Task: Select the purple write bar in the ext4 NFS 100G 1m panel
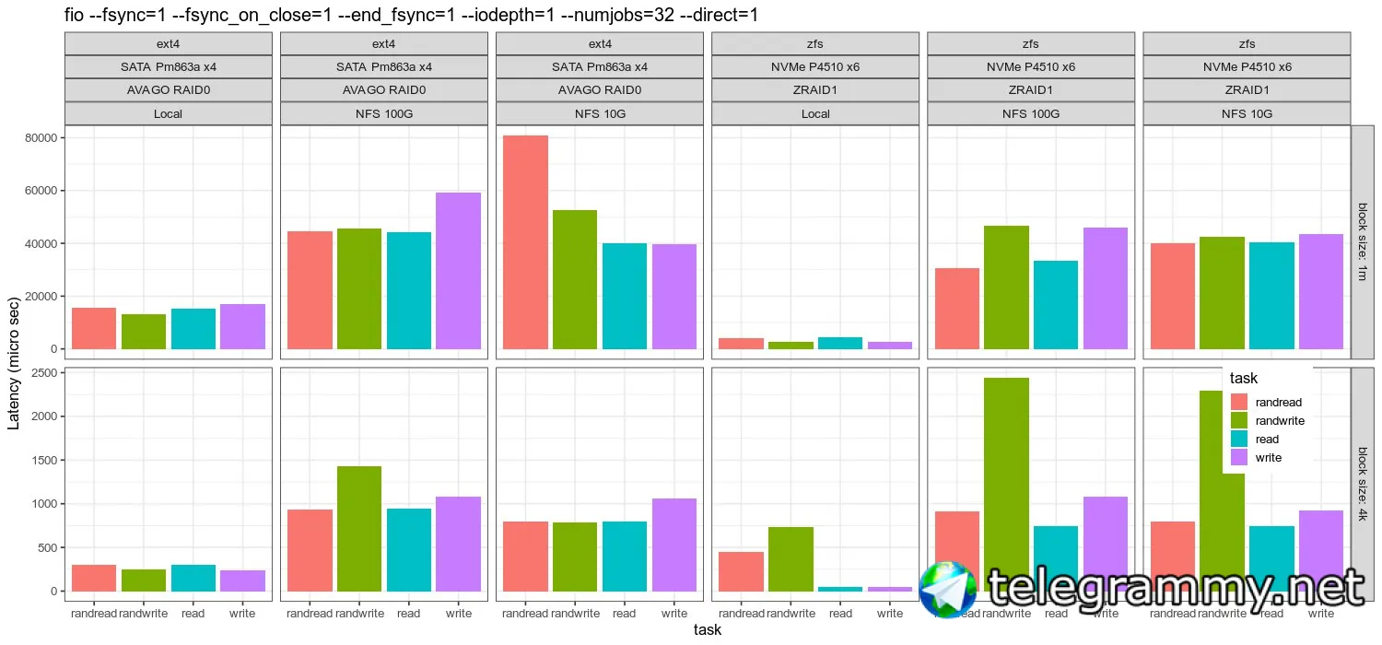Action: pyautogui.click(x=459, y=271)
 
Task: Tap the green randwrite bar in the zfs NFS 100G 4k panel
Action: pyautogui.click(x=1006, y=479)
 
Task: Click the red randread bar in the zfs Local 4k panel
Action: pyautogui.click(x=741, y=571)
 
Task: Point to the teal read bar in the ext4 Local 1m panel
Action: pyautogui.click(x=193, y=329)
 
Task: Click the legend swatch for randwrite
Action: pyautogui.click(x=1239, y=420)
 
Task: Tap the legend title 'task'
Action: pyautogui.click(x=1244, y=378)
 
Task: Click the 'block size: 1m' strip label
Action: pyautogui.click(x=1363, y=241)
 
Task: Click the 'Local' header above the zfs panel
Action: pyautogui.click(x=815, y=114)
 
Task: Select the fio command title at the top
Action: pyautogui.click(x=411, y=15)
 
